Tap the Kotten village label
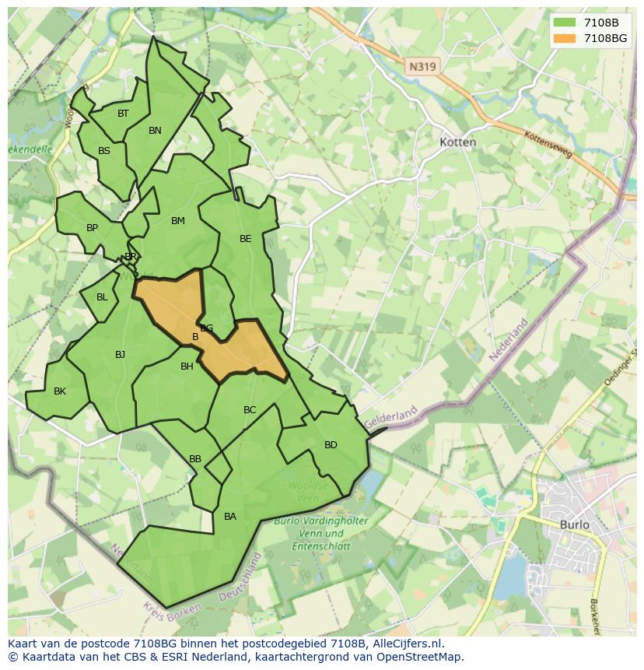click(457, 142)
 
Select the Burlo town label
click(574, 524)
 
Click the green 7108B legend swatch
click(565, 23)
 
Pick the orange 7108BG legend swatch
click(565, 38)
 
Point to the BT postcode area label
click(123, 114)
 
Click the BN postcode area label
click(155, 131)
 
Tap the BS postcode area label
click(104, 151)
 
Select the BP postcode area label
click(92, 228)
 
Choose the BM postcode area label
click(178, 221)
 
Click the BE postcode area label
click(245, 239)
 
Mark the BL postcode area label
click(102, 297)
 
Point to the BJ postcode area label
click(120, 355)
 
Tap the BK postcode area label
click(60, 391)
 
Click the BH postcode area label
click(187, 367)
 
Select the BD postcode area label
click(331, 445)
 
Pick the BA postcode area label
click(229, 517)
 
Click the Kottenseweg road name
click(548, 144)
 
